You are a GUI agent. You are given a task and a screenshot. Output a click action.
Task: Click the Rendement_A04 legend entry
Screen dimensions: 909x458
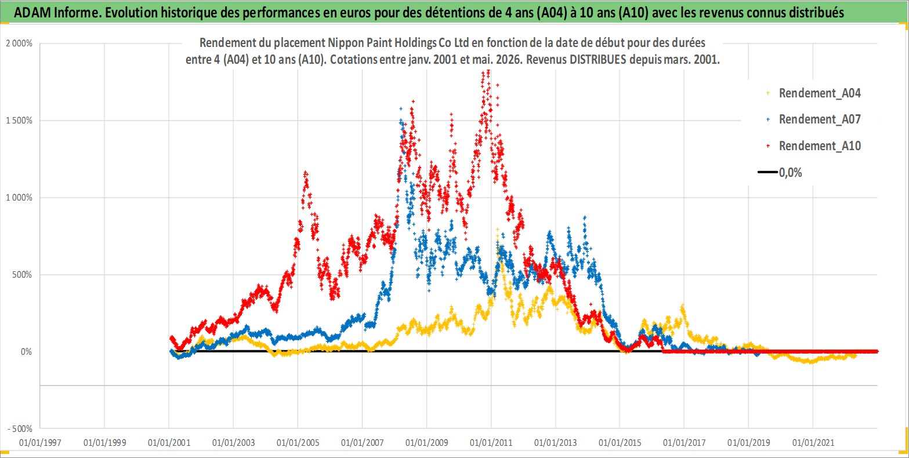tap(813, 93)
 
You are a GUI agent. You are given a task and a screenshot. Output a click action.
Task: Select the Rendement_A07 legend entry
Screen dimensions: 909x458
tap(813, 119)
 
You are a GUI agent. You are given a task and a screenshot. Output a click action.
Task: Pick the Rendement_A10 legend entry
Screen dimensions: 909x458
tap(813, 146)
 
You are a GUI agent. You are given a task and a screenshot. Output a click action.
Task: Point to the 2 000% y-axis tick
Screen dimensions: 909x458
tap(19, 43)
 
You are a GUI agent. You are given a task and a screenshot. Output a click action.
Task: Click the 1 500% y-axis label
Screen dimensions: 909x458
tap(19, 121)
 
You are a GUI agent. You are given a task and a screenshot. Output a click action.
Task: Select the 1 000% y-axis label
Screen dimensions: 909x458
tap(19, 198)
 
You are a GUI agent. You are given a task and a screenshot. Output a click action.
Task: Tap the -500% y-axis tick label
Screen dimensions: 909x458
tap(20, 429)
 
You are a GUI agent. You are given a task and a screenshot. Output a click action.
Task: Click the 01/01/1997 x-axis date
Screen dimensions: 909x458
tap(40, 442)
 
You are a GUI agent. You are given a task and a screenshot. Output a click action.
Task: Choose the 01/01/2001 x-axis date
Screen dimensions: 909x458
tap(169, 442)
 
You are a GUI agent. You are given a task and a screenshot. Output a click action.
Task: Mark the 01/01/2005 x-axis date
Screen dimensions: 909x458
tap(298, 442)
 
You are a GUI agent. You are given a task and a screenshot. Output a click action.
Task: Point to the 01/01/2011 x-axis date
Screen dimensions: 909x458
tap(491, 442)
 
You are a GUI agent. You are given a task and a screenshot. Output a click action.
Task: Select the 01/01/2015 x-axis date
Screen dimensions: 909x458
tap(620, 442)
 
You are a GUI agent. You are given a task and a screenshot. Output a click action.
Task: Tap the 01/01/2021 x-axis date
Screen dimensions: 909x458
tap(813, 442)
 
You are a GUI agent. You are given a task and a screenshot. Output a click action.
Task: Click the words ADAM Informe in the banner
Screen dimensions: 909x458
tap(57, 13)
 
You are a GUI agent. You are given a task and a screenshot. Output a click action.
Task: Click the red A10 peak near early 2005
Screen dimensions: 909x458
tap(306, 173)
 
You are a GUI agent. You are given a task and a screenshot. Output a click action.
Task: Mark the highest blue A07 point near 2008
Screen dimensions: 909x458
tap(401, 108)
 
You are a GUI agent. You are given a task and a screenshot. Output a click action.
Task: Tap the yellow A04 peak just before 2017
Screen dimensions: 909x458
tap(683, 306)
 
